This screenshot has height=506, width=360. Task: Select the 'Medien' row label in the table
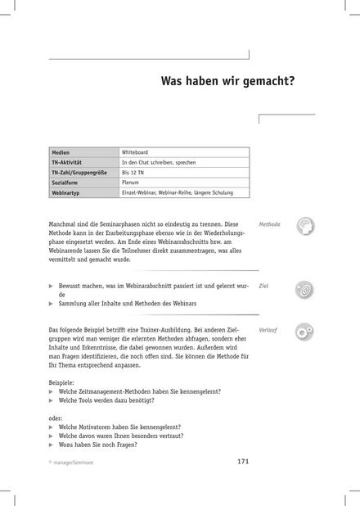click(61, 153)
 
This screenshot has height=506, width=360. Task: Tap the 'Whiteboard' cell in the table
click(136, 153)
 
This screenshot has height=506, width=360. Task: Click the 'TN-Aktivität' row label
click(68, 163)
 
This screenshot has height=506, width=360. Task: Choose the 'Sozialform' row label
click(66, 183)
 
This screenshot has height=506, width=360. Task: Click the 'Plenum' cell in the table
click(132, 183)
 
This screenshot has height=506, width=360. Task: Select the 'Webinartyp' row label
click(67, 192)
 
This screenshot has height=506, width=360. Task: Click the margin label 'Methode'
click(269, 224)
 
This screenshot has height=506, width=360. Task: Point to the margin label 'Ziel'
click(263, 287)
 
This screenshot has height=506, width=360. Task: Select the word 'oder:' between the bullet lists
click(56, 417)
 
